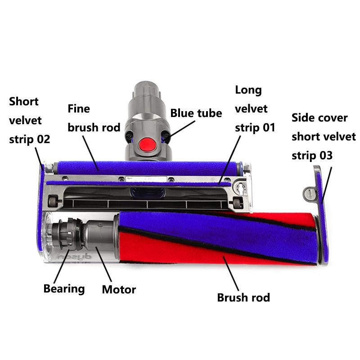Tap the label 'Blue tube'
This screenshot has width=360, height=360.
pyautogui.click(x=196, y=113)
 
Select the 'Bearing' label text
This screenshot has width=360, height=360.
pyautogui.click(x=64, y=288)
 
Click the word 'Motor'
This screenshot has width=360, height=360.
pyautogui.click(x=119, y=289)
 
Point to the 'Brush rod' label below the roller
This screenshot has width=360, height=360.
pyautogui.click(x=243, y=297)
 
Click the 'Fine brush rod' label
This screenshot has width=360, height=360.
pyautogui.click(x=94, y=118)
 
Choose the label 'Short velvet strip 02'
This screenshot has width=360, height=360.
pyautogui.click(x=29, y=120)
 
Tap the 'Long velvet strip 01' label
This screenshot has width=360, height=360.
pyautogui.click(x=254, y=108)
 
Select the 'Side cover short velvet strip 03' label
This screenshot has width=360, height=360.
pyautogui.click(x=323, y=136)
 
